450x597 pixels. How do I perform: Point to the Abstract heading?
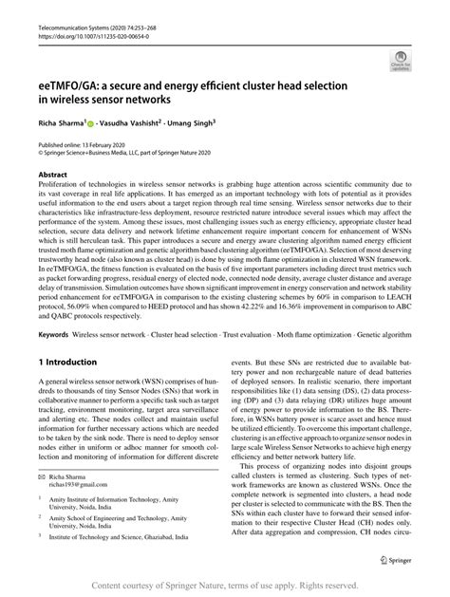tap(52, 176)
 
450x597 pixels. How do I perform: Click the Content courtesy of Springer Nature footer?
tap(225, 588)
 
